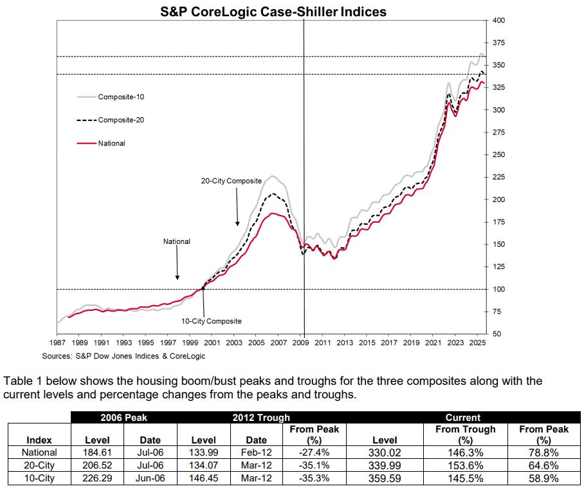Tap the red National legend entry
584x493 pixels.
coord(111,144)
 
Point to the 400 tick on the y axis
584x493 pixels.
coord(498,21)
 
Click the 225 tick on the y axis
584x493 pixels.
coord(498,177)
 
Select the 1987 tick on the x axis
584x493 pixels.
coord(57,344)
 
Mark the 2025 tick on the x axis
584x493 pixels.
coord(475,344)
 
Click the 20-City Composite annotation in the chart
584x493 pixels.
coord(227,181)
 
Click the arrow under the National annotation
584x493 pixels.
coord(177,264)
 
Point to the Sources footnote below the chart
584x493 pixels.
coord(123,356)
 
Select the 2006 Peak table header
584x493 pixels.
coord(123,418)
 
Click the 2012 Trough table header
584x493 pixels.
coord(260,418)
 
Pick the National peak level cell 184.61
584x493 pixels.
coord(98,452)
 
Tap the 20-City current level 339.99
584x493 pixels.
coord(384,465)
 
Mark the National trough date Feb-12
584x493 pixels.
coord(256,452)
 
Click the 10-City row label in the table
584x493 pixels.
coord(40,478)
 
